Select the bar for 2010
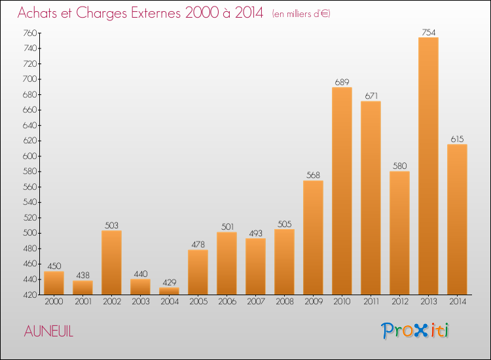(342, 190)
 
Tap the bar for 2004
(169, 291)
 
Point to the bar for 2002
(111, 262)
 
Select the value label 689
(342, 82)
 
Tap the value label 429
(169, 283)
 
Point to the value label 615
(457, 139)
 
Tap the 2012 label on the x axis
(399, 302)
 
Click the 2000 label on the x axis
(54, 302)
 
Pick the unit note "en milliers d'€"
(301, 14)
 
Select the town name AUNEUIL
(49, 332)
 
